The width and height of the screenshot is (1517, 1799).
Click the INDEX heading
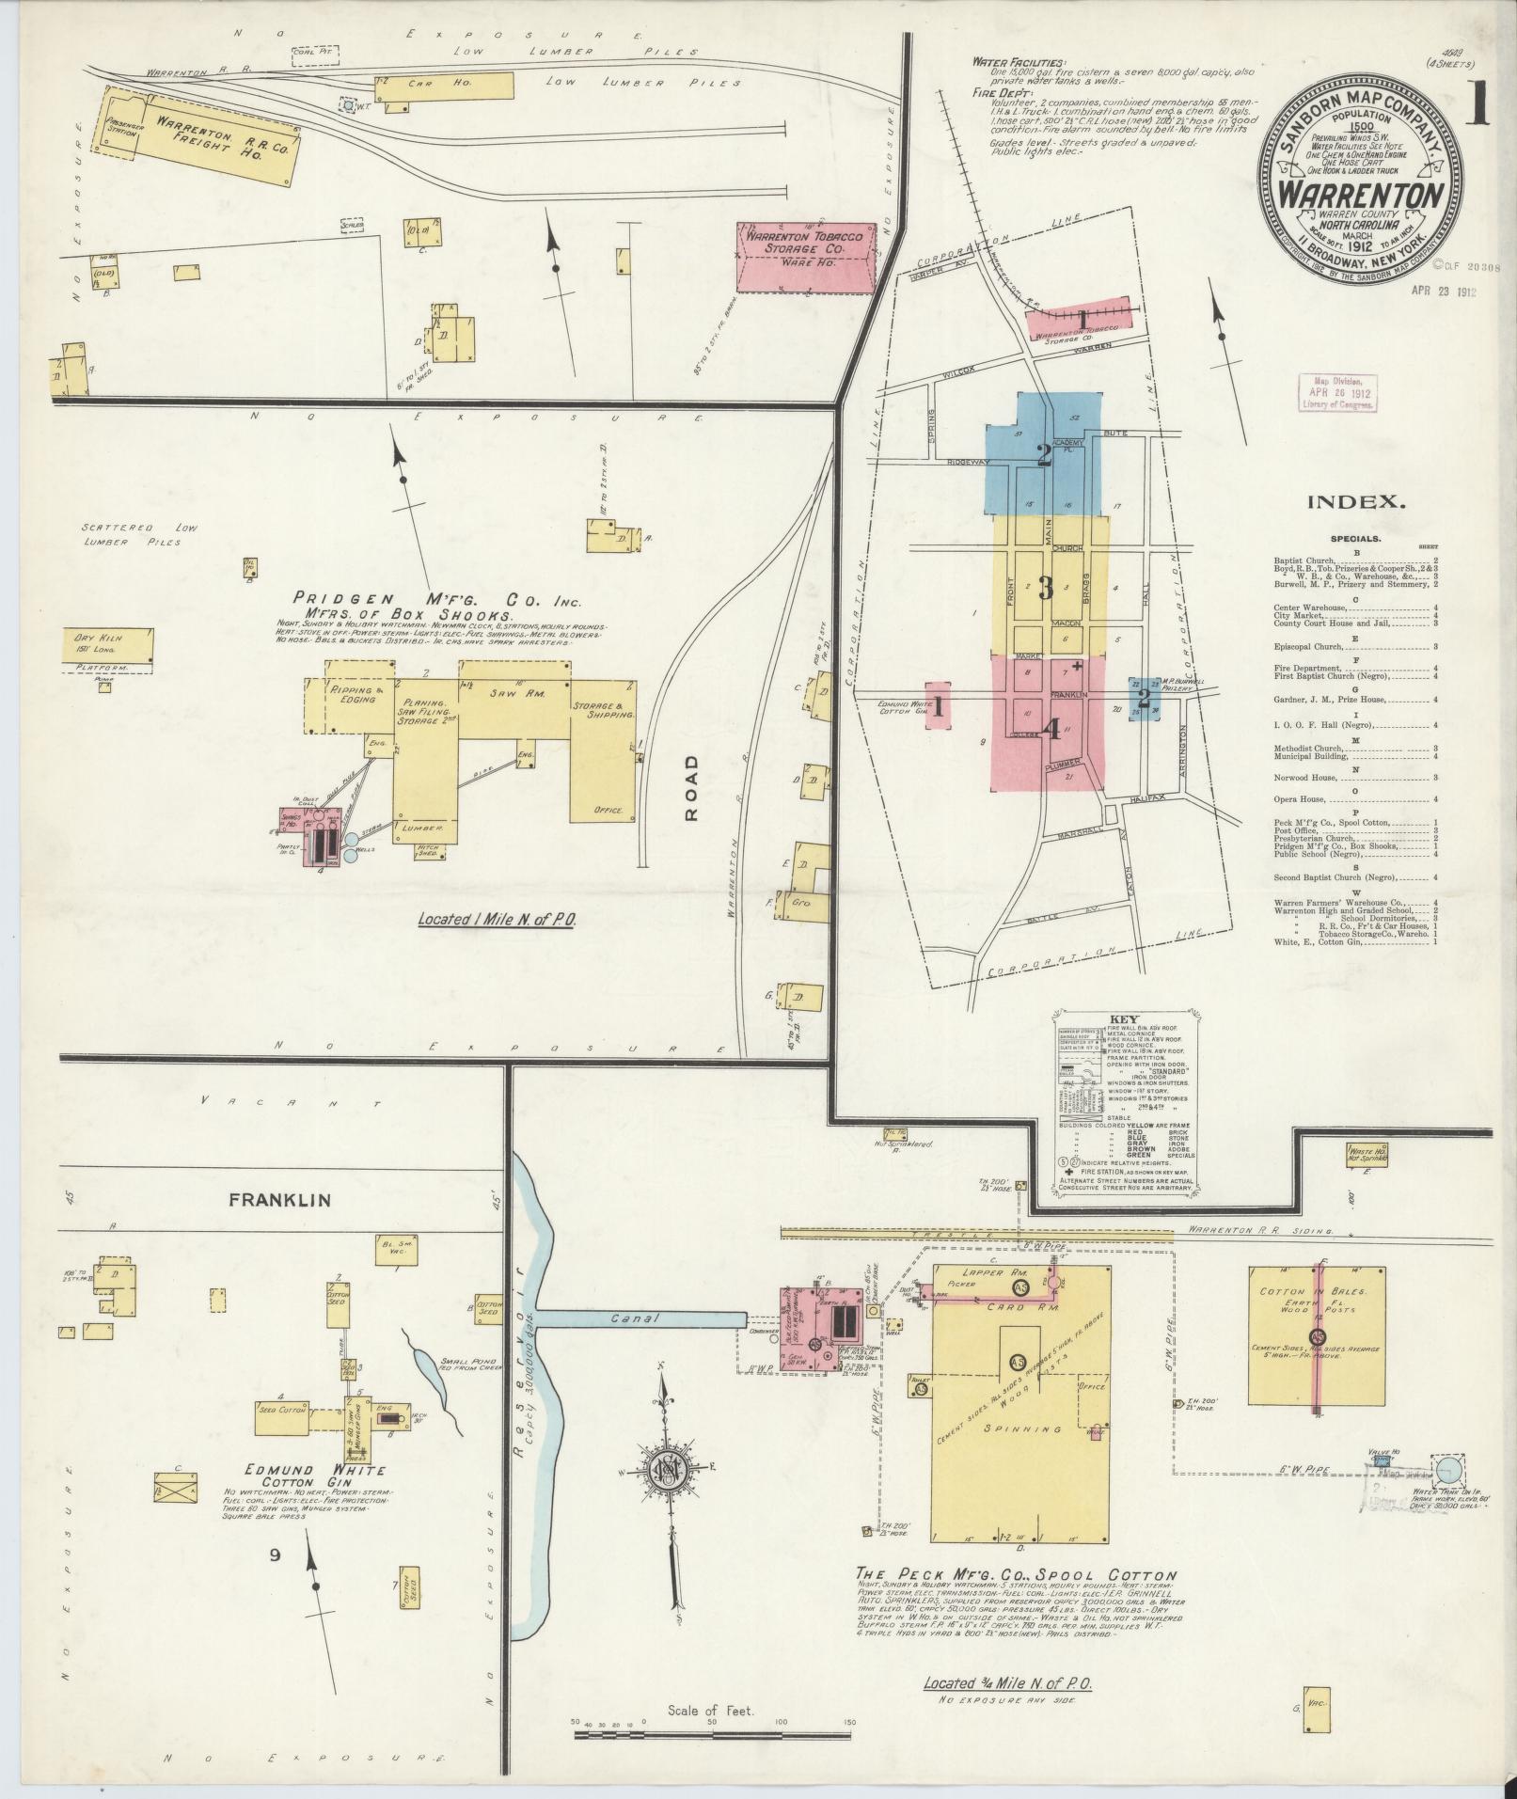coord(1355,503)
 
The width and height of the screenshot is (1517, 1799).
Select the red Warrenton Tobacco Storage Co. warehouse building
coord(805,257)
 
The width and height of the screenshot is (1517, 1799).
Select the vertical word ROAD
coord(692,789)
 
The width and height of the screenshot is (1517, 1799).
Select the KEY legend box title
coord(1123,1019)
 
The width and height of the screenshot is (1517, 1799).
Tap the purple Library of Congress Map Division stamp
coord(1335,390)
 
